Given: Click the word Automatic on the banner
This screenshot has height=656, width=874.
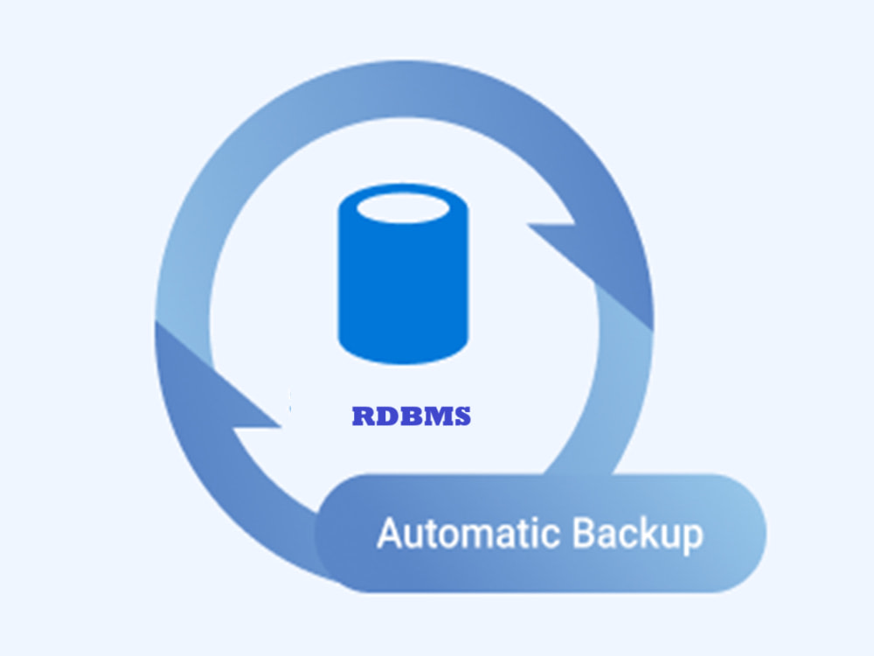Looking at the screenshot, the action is coord(471,534).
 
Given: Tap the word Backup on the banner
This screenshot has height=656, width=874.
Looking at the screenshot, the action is coord(638,535).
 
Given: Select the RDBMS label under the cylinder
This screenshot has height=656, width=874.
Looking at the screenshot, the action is coord(412,416).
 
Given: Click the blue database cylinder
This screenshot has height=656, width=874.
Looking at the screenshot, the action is coord(403,274).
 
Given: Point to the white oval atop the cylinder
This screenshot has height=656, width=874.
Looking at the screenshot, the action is coord(403,208).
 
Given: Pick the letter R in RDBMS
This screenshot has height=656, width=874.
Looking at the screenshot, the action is coord(364,416).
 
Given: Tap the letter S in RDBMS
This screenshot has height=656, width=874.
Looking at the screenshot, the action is coord(463,416).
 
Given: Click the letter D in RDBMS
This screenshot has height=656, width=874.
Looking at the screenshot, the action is coord(388,416).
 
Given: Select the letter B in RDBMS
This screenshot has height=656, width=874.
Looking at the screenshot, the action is coord(413,416).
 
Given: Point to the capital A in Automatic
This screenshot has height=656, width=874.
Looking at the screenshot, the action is coord(390,534).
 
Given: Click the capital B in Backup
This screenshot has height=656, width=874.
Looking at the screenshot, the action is coord(584,534).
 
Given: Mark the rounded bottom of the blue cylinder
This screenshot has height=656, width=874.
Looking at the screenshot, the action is coord(403,351).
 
